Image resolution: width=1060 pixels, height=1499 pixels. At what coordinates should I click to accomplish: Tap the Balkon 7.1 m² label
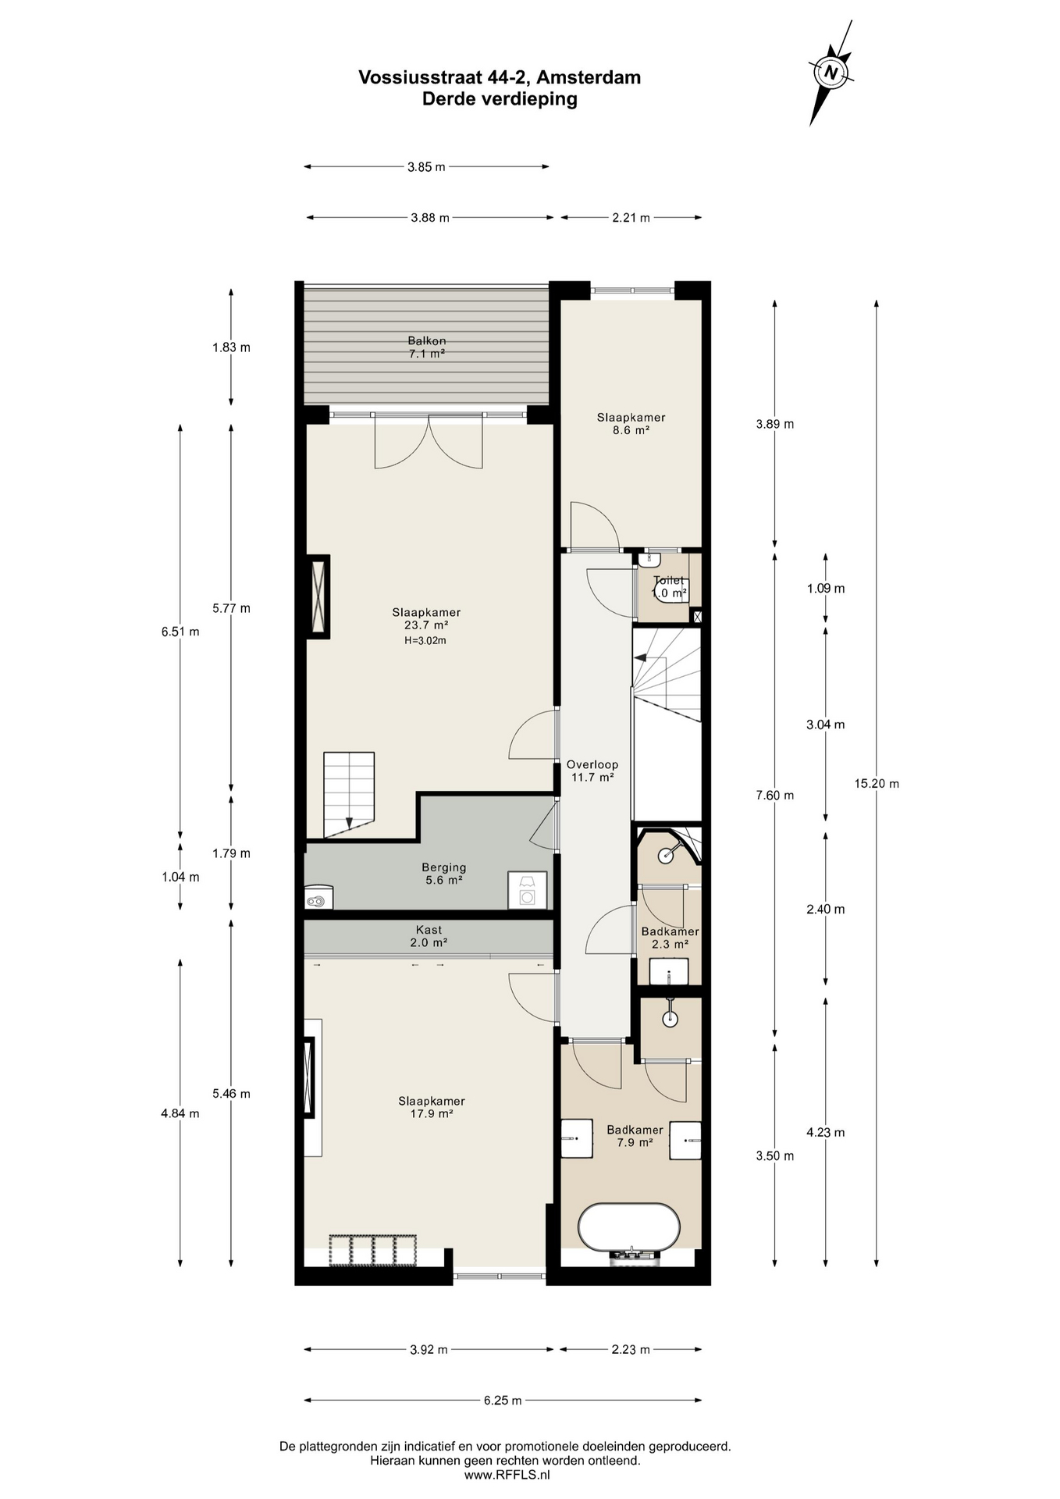tap(427, 347)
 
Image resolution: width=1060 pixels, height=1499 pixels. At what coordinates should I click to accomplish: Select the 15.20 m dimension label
tap(876, 784)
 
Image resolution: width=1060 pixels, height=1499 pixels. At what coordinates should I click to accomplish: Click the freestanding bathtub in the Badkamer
tap(628, 1227)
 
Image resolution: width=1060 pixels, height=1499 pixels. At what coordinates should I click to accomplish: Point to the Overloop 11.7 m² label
tap(592, 771)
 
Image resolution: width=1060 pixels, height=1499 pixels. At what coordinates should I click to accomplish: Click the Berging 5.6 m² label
tap(443, 874)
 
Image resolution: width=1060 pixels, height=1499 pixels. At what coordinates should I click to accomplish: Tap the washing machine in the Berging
tap(527, 891)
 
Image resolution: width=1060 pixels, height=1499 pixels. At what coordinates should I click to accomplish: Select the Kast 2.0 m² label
tap(429, 936)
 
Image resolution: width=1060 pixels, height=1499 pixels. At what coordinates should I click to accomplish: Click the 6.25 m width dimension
tap(502, 1401)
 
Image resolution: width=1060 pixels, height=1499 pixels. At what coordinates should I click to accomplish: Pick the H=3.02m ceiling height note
tap(425, 641)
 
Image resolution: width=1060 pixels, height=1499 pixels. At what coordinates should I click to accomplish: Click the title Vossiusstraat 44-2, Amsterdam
tap(500, 77)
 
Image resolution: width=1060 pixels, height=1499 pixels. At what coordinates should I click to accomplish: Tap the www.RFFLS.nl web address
tap(507, 1475)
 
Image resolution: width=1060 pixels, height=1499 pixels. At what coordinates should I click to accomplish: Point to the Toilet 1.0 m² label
tap(669, 587)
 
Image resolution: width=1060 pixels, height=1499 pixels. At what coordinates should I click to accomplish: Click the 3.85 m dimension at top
tap(426, 166)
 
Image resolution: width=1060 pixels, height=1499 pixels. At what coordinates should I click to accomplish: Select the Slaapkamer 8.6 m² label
tap(631, 424)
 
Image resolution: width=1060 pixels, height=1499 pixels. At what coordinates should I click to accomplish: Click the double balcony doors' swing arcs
tap(428, 443)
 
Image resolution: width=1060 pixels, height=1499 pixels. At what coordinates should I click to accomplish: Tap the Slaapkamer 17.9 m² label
tap(432, 1107)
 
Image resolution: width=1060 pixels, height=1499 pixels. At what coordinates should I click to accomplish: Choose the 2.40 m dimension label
tap(825, 909)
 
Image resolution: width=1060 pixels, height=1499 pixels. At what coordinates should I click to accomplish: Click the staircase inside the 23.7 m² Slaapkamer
tap(349, 794)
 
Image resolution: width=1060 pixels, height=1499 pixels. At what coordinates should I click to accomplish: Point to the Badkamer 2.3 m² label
tap(670, 938)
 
